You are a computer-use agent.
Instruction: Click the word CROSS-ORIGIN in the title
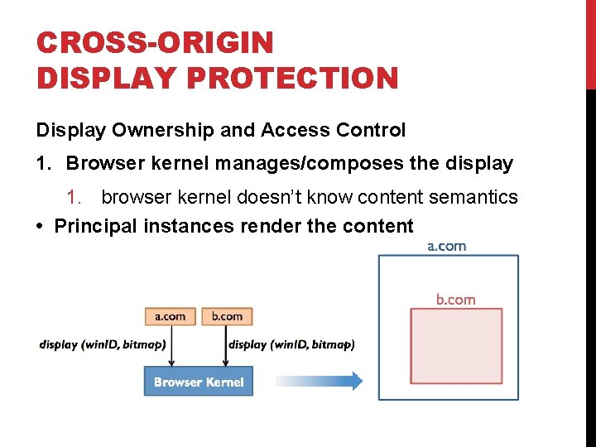click(x=154, y=42)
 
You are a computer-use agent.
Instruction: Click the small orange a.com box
click(x=171, y=316)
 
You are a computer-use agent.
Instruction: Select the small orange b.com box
click(x=227, y=316)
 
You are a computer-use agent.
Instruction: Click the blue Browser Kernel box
click(x=199, y=382)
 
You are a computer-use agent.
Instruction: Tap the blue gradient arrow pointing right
click(x=319, y=381)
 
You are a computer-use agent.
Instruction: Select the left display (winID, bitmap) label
click(x=101, y=344)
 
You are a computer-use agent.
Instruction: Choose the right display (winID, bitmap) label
click(x=291, y=344)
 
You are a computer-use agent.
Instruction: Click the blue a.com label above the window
click(x=447, y=246)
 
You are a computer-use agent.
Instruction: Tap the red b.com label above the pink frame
click(x=456, y=300)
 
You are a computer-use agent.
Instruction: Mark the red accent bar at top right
click(x=590, y=45)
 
